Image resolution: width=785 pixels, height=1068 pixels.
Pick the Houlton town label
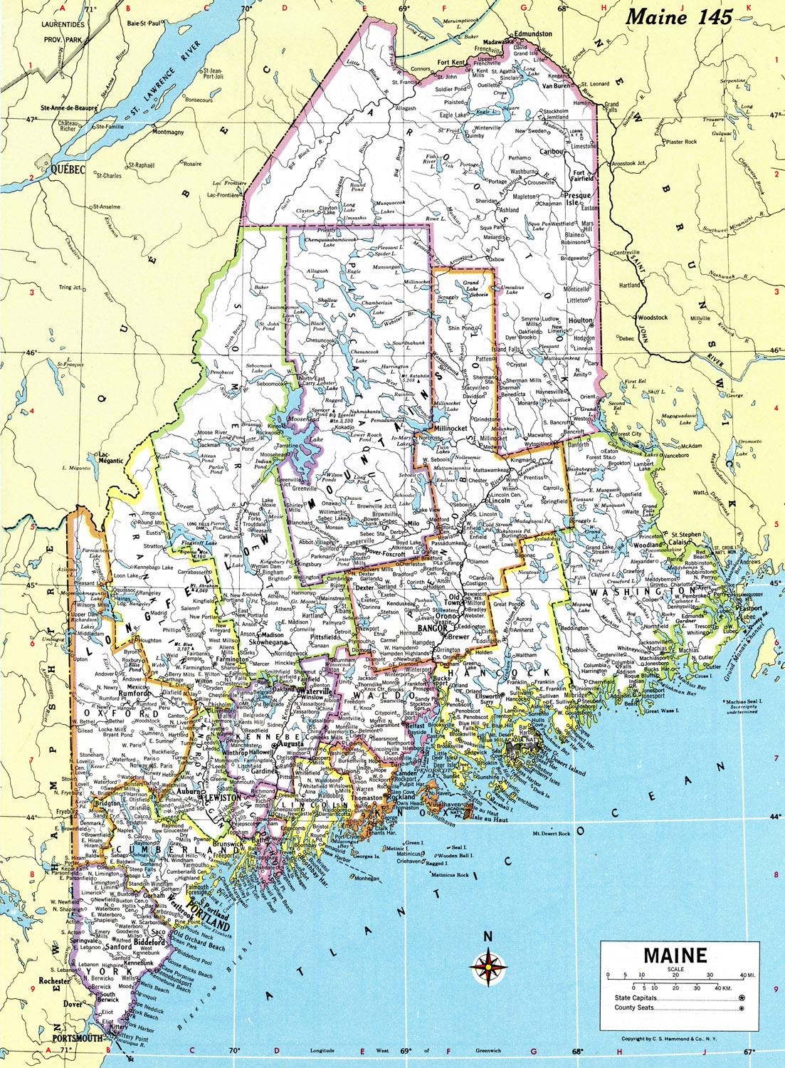click(581, 321)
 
